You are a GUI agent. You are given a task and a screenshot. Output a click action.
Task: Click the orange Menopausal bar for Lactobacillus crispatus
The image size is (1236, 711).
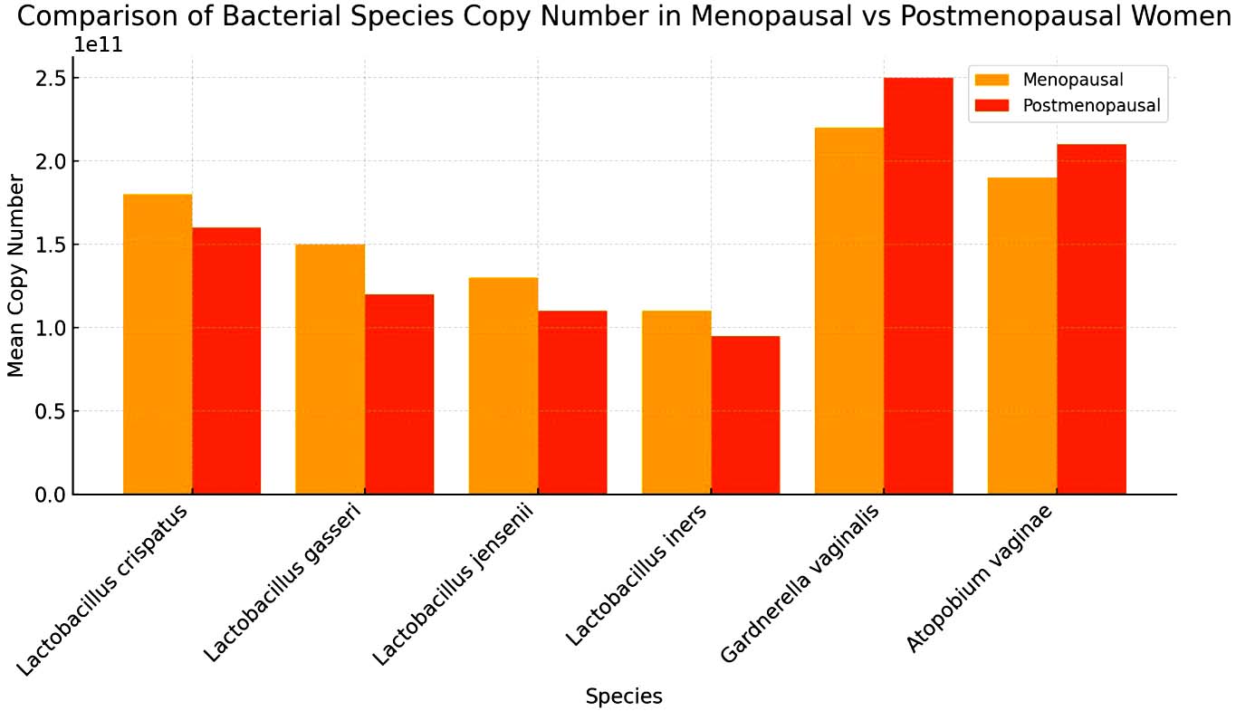pyautogui.click(x=158, y=344)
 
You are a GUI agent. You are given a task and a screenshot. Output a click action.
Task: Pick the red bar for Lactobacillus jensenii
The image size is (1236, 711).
pyautogui.click(x=572, y=402)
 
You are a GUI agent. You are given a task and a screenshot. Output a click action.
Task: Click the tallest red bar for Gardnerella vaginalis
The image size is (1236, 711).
pyautogui.click(x=918, y=285)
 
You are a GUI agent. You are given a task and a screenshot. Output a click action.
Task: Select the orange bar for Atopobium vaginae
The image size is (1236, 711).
pyautogui.click(x=1022, y=335)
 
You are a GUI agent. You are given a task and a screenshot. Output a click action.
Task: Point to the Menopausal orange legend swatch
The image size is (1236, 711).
pyautogui.click(x=992, y=80)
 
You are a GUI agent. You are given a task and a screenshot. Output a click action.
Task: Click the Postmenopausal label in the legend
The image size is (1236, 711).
pyautogui.click(x=1091, y=106)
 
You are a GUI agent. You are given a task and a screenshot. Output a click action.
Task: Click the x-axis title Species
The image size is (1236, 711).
pyautogui.click(x=624, y=697)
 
